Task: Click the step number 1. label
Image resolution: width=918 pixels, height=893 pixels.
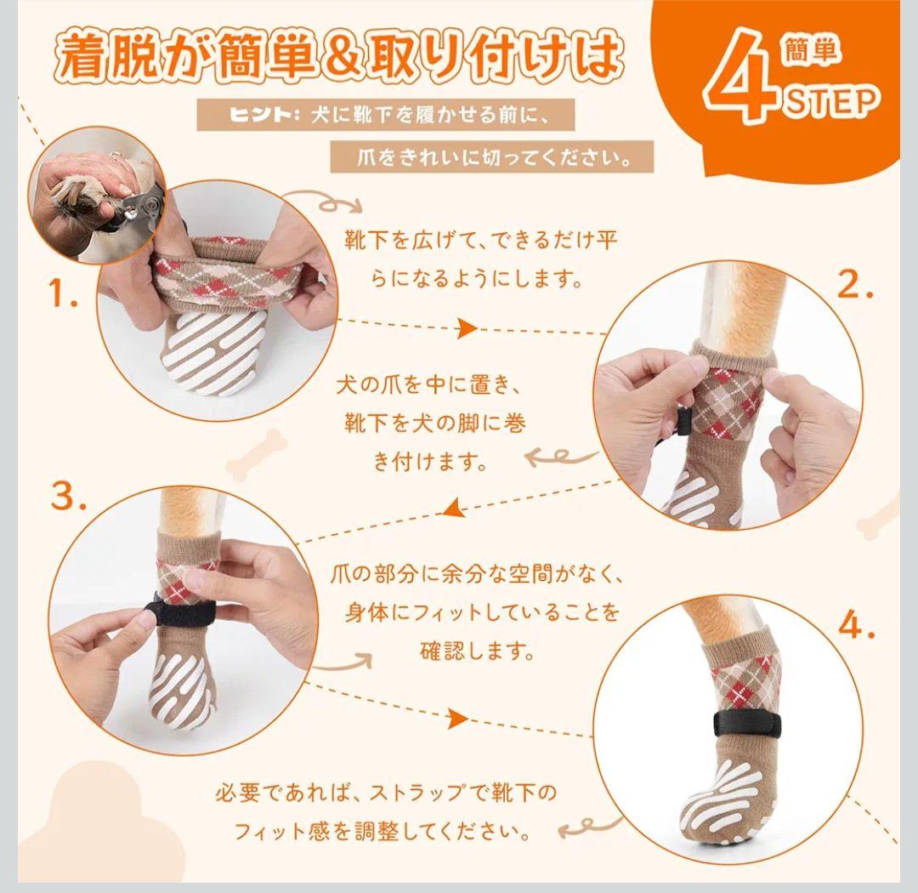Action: click(x=63, y=293)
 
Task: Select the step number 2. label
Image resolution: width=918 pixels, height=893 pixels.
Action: click(x=855, y=286)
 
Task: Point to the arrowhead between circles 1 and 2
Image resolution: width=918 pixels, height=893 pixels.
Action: click(x=467, y=328)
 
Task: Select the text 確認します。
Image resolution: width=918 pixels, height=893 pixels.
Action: click(x=477, y=651)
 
